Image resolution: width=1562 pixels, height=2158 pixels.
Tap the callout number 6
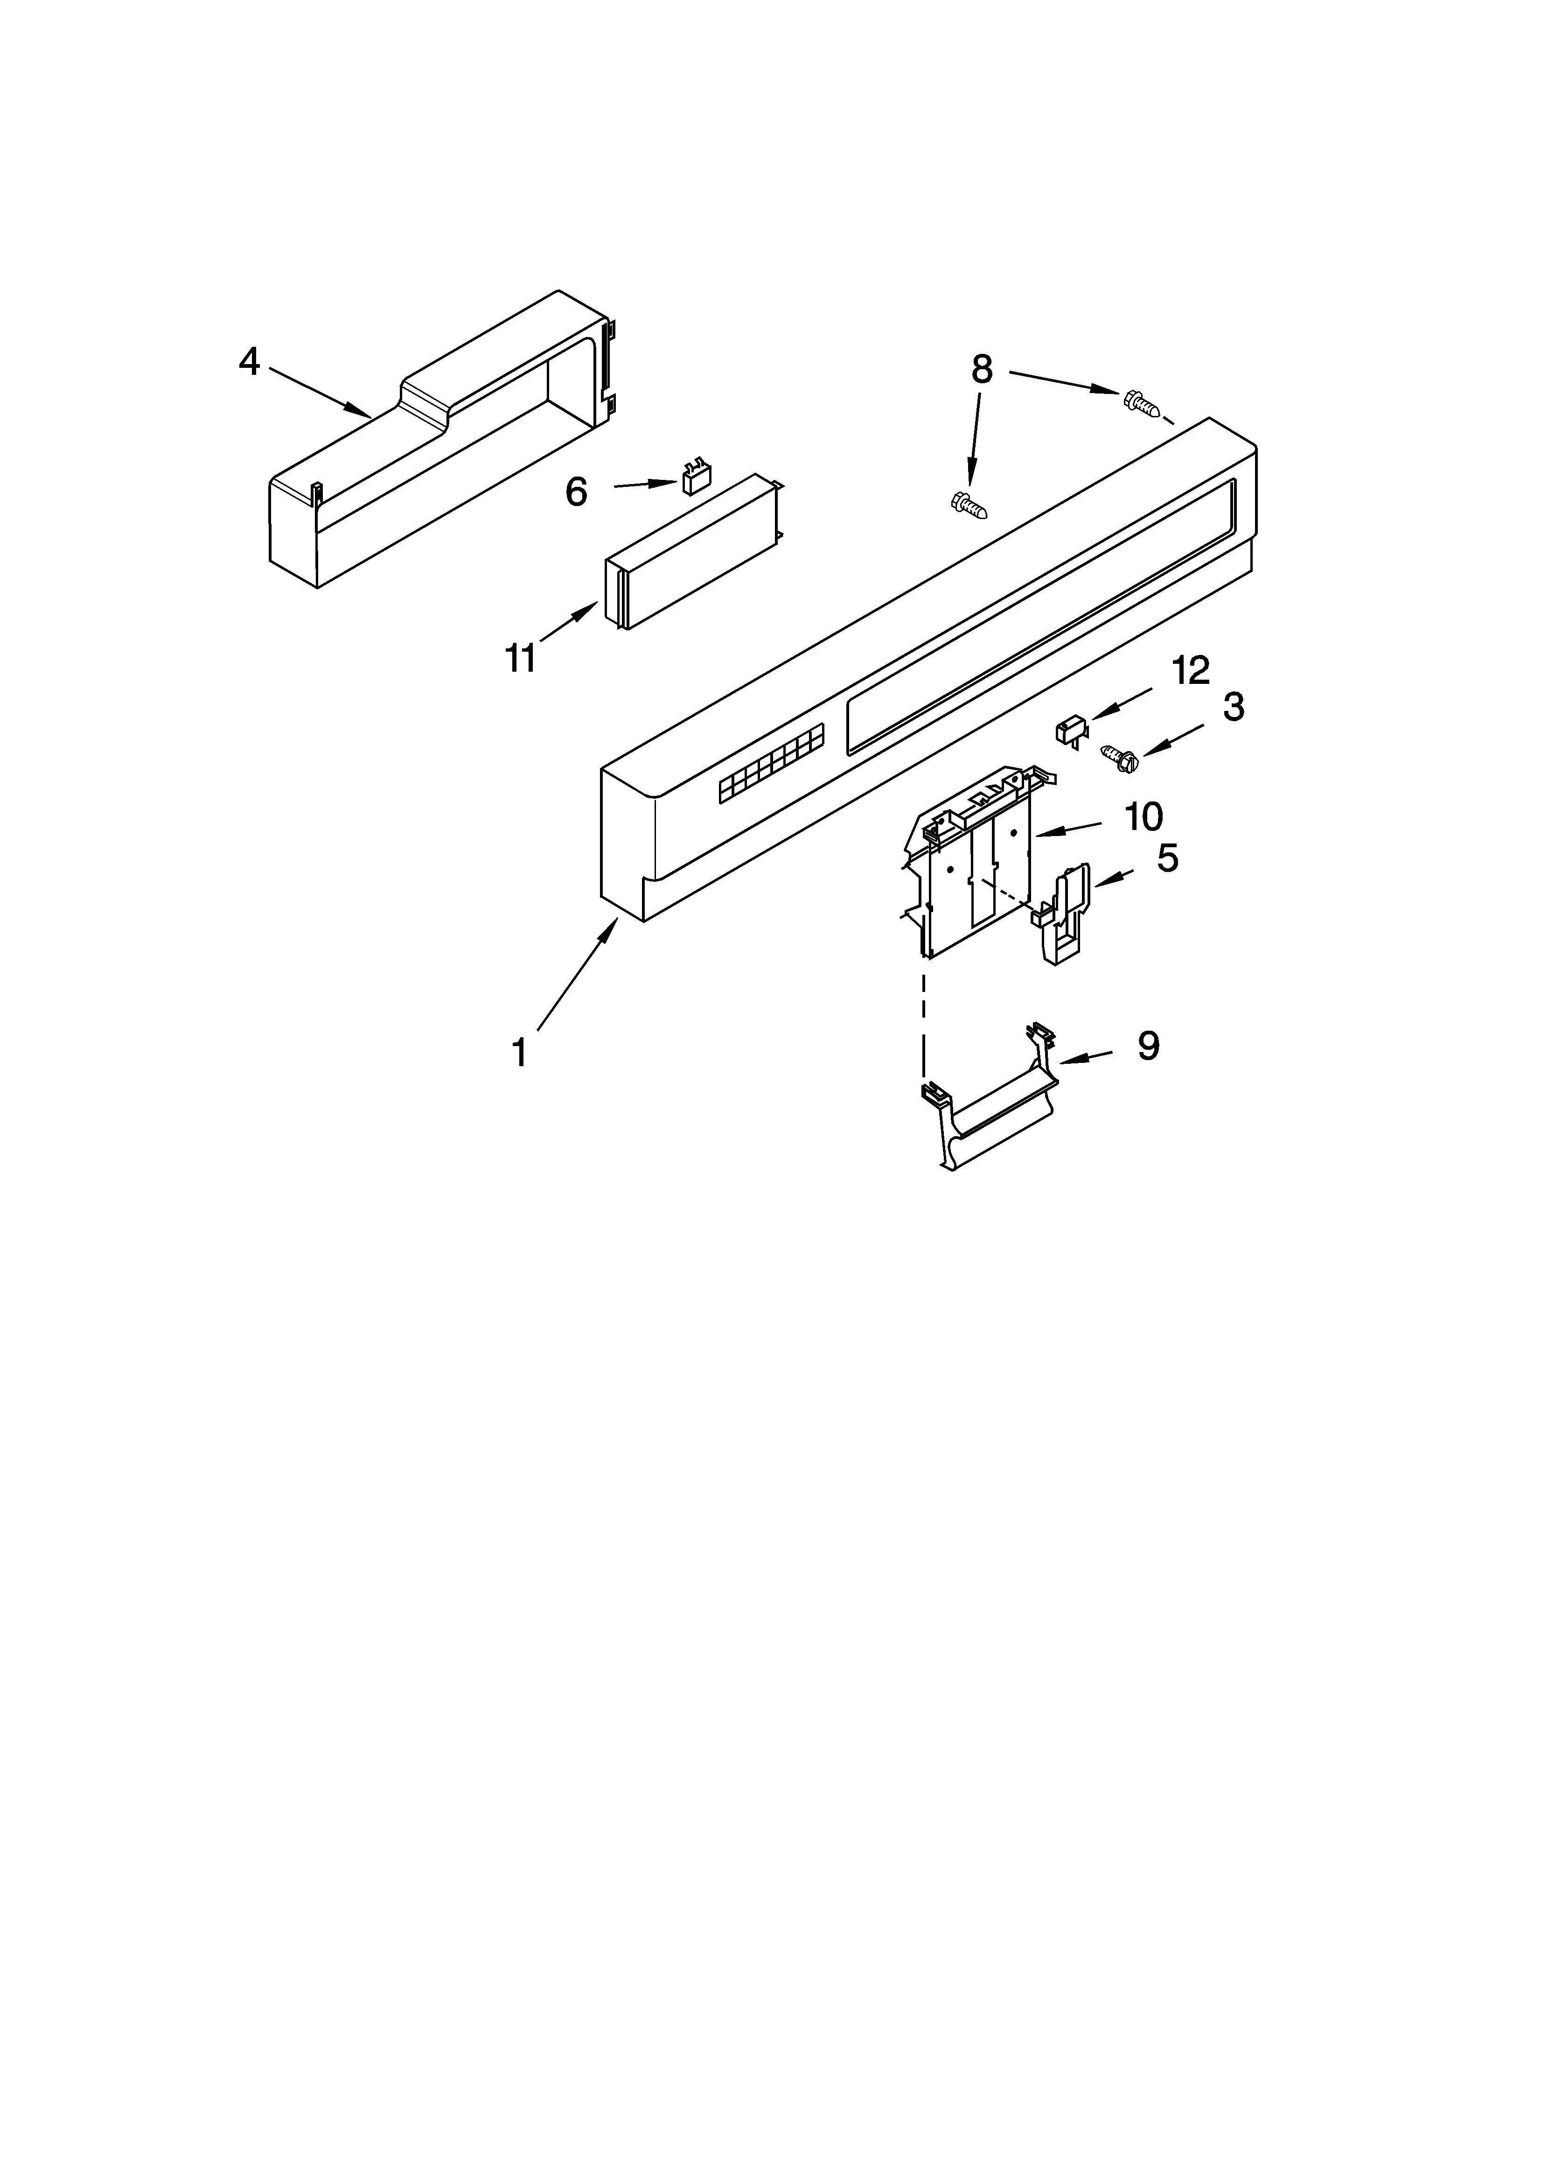tap(577, 492)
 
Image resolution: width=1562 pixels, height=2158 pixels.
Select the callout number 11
tap(520, 659)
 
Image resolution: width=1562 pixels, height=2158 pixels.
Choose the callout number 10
tap(1143, 816)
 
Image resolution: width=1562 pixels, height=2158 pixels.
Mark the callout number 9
tap(1148, 1047)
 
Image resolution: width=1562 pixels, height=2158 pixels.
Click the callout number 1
tap(519, 1053)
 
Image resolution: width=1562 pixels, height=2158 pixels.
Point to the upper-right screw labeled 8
tap(1142, 403)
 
